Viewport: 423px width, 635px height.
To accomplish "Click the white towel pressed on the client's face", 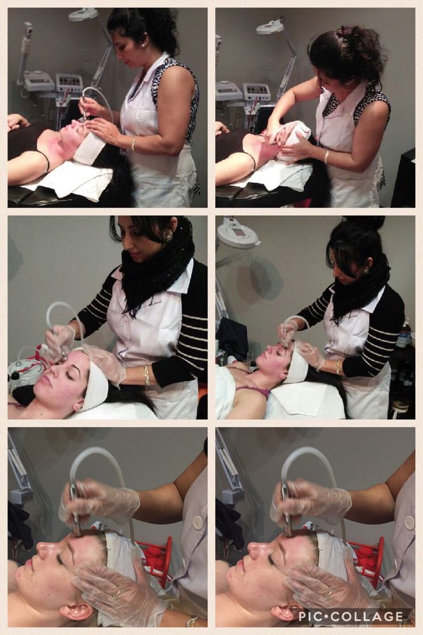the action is (x=293, y=139).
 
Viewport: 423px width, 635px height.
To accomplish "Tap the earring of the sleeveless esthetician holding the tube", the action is (x=144, y=45).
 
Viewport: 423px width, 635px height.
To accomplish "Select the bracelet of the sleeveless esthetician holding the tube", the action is (x=133, y=144).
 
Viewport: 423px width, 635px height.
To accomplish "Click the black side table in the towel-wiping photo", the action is (x=403, y=178).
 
